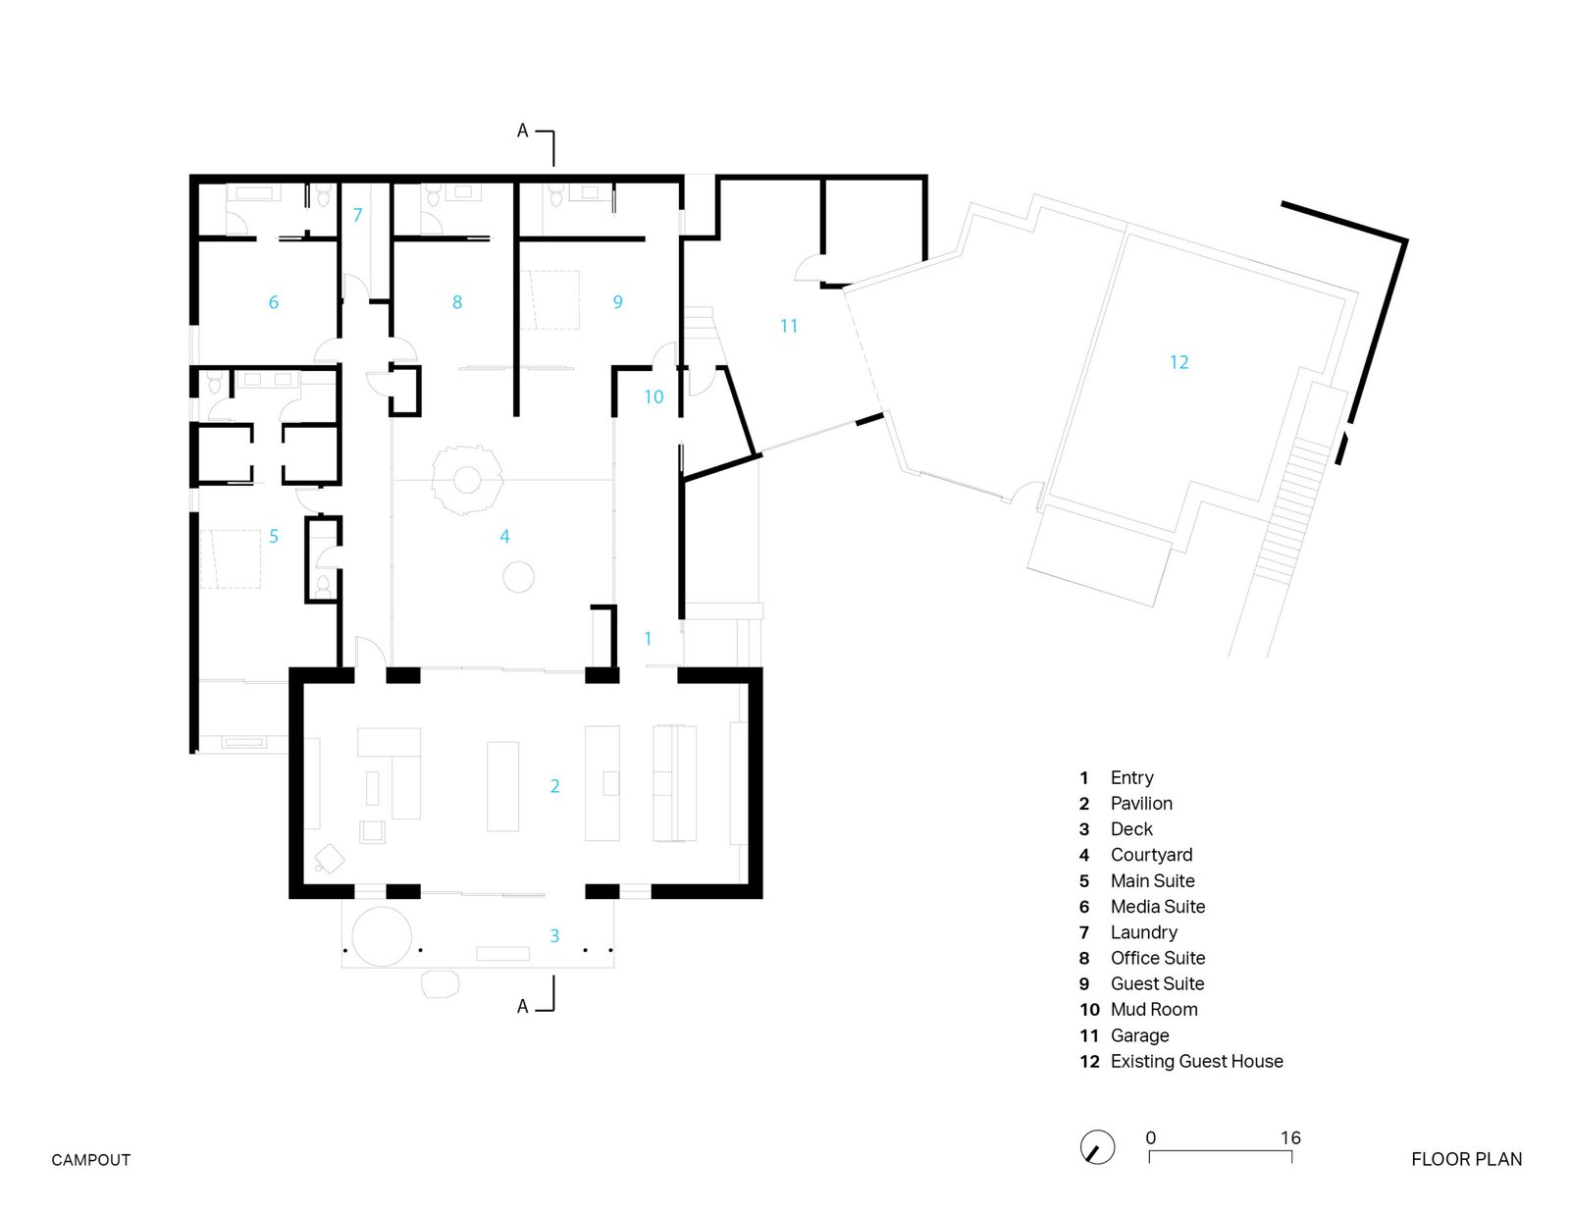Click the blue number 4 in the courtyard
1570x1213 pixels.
[504, 536]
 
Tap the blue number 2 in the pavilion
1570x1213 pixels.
[554, 786]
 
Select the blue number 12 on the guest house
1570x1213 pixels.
[1179, 362]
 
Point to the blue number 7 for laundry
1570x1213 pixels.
[357, 215]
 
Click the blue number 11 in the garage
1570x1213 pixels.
[789, 326]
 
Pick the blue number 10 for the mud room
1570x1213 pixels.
[654, 396]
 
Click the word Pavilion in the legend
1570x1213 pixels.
[1141, 804]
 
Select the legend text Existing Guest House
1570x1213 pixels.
[1196, 1061]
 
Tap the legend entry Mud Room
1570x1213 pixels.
[1154, 1009]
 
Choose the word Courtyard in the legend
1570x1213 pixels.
[1152, 855]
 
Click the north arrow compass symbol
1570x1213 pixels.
[1097, 1147]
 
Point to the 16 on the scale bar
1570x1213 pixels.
[1290, 1137]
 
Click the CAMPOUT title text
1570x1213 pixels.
[91, 1160]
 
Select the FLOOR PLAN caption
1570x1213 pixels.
[1467, 1160]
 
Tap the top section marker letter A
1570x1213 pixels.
[522, 131]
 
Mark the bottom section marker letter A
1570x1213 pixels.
[522, 1006]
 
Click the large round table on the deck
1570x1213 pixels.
[382, 936]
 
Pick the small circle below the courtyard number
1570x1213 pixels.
[518, 577]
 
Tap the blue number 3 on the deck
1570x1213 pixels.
[554, 935]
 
